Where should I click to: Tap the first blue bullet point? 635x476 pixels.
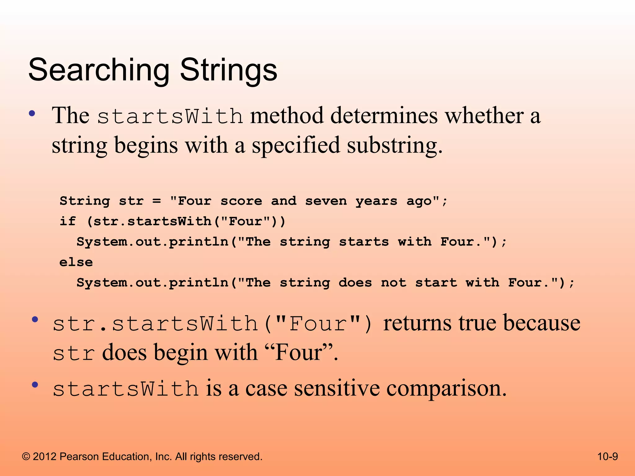pyautogui.click(x=32, y=113)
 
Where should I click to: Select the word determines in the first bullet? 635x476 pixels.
pyautogui.click(x=384, y=115)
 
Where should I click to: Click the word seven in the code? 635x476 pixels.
pyautogui.click(x=326, y=201)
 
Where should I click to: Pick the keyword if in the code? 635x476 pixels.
pyautogui.click(x=68, y=221)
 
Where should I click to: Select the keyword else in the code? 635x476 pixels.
pyautogui.click(x=76, y=262)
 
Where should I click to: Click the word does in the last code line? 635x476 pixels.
pyautogui.click(x=355, y=283)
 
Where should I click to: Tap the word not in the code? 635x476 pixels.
pyautogui.click(x=393, y=283)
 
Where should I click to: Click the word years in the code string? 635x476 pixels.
pyautogui.click(x=376, y=201)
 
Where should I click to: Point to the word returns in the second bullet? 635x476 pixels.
pyautogui.click(x=417, y=323)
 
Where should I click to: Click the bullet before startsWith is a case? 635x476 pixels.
pyautogui.click(x=35, y=385)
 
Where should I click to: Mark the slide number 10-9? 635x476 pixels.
pyautogui.click(x=607, y=456)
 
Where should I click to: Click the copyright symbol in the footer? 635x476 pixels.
pyautogui.click(x=26, y=457)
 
